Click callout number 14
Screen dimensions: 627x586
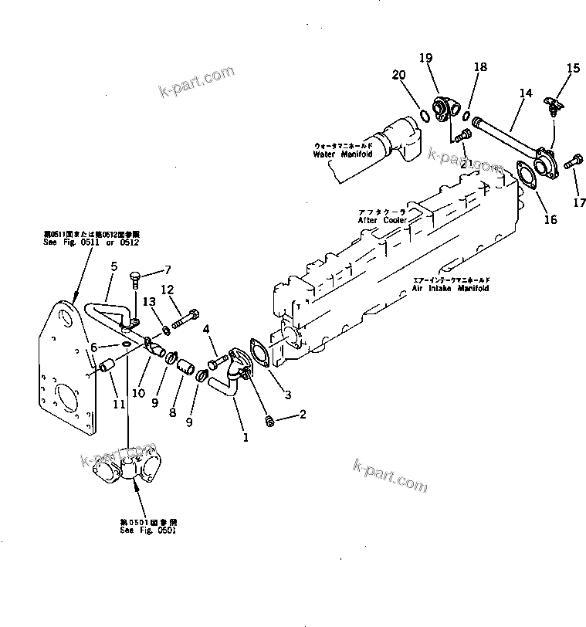click(x=526, y=93)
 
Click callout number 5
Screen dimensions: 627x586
click(x=113, y=266)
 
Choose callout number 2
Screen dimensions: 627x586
click(x=303, y=415)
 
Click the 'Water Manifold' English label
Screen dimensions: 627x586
click(x=343, y=154)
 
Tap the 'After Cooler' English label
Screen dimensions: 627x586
click(x=381, y=220)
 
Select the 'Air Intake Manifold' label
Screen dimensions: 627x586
click(x=450, y=288)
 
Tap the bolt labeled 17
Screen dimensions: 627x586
click(x=572, y=163)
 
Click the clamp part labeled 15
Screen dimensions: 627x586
click(x=553, y=103)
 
